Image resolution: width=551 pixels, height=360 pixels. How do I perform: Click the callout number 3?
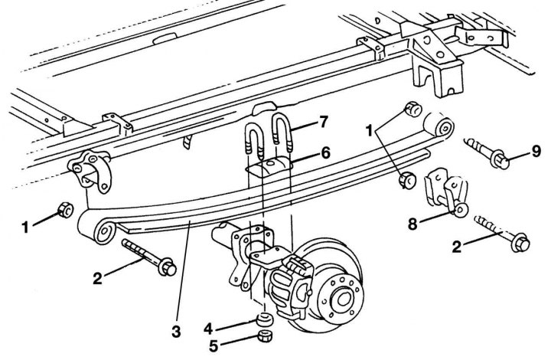(176, 331)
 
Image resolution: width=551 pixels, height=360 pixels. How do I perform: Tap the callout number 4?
(208, 329)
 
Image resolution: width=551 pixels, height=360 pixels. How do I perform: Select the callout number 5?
(214, 346)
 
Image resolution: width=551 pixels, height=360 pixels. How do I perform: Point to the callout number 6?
(326, 153)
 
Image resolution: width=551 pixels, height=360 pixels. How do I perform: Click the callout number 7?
(323, 123)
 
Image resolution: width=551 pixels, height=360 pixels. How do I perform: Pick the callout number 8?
(413, 224)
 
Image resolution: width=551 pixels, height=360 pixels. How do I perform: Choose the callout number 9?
(535, 152)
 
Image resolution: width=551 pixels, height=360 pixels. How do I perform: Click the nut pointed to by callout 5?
(265, 336)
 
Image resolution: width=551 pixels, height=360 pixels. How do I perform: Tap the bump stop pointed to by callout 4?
(265, 319)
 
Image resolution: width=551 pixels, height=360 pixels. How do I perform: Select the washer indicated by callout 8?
(461, 210)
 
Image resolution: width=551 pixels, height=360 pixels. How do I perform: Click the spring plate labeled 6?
(269, 167)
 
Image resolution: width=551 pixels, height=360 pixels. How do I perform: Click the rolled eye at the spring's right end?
(444, 128)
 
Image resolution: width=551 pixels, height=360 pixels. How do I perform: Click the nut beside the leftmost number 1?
(65, 210)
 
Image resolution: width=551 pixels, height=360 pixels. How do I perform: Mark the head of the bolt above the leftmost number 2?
(168, 267)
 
